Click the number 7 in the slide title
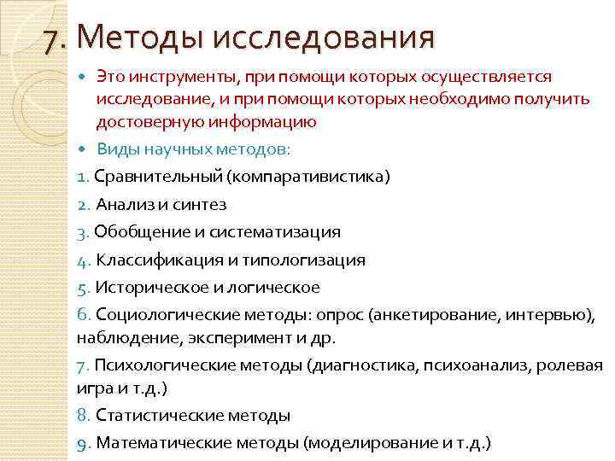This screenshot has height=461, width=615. pos(55,38)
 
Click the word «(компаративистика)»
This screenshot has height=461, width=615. pos(307,177)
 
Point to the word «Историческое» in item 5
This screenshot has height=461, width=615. pos(143,287)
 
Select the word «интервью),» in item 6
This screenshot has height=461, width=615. pos(551,315)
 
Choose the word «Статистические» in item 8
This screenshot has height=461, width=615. pos(154,416)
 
